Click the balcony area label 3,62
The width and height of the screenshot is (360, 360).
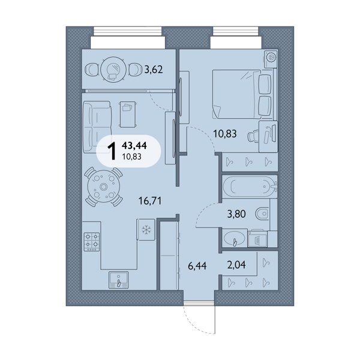(154, 69)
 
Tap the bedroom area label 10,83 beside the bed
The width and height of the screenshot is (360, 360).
(225, 133)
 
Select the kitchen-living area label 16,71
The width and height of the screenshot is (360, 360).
(150, 200)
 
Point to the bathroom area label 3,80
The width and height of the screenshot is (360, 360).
(236, 214)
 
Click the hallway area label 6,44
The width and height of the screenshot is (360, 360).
(197, 266)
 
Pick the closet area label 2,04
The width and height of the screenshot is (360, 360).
(236, 265)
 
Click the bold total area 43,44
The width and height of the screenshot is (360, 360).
(134, 145)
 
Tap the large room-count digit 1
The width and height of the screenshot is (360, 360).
(112, 151)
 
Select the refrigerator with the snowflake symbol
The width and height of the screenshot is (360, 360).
(145, 229)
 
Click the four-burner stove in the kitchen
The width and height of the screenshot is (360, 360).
(92, 242)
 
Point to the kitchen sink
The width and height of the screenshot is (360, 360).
(118, 280)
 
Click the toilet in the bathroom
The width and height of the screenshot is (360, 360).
(262, 214)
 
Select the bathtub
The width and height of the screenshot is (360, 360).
(250, 187)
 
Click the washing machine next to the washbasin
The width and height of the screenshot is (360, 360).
(257, 238)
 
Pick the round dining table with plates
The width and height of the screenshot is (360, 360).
(104, 187)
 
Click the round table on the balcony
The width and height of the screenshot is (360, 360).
(113, 70)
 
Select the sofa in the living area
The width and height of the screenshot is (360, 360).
(97, 127)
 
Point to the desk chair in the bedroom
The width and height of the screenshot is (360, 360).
(253, 136)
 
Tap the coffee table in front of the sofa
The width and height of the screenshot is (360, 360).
(128, 115)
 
